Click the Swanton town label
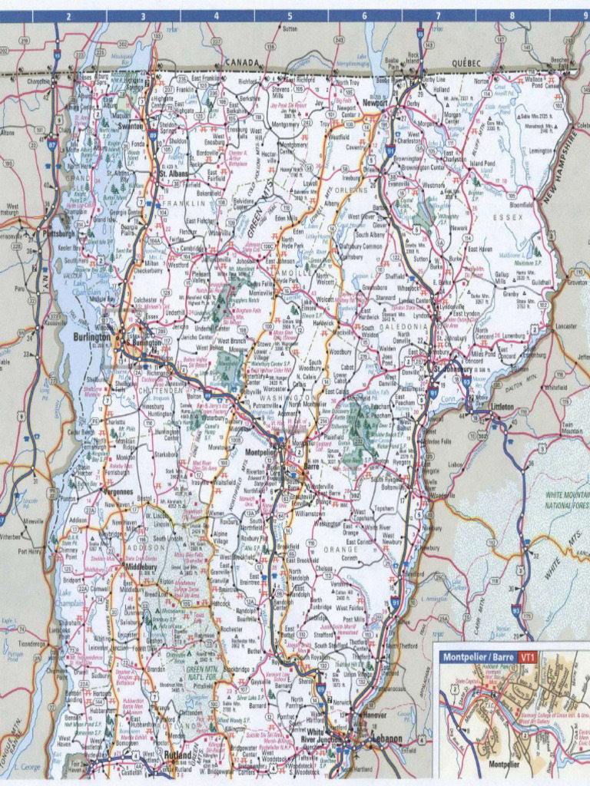click(x=131, y=125)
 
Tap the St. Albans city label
click(x=173, y=173)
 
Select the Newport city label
click(x=375, y=102)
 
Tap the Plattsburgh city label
click(x=60, y=233)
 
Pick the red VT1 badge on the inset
click(x=527, y=658)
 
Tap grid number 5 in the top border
click(x=290, y=15)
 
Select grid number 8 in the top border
click(x=512, y=15)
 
